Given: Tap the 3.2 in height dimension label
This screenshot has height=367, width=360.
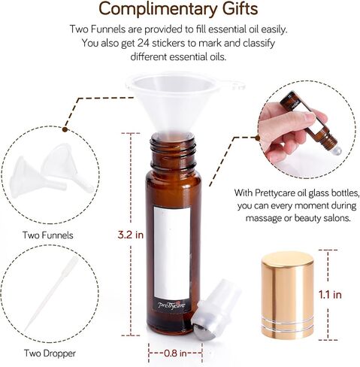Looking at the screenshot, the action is [131, 235].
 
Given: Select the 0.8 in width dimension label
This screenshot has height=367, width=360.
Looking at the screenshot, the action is [175, 353].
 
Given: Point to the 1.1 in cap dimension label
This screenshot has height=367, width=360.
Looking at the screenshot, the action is [330, 295].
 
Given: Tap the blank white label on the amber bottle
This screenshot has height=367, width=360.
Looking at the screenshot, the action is [171, 253].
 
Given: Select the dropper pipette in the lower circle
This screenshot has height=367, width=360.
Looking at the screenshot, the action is [51, 293].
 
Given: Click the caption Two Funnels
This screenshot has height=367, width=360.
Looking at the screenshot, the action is [48, 235].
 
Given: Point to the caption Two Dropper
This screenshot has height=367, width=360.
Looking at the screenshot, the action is [50, 353].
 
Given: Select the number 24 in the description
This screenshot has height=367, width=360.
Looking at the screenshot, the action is [144, 43].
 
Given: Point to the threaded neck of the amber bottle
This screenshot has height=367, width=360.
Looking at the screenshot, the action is [174, 153].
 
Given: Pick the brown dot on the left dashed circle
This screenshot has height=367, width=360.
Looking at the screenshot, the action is [65, 129].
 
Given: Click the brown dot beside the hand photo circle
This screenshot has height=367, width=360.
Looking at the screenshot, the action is [257, 138].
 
